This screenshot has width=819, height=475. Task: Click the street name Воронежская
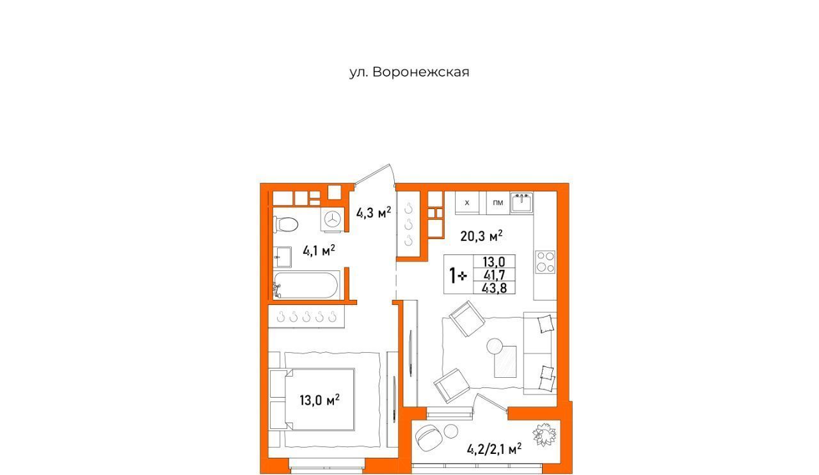[421, 72]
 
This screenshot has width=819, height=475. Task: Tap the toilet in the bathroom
[285, 224]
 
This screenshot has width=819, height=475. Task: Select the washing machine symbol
[333, 219]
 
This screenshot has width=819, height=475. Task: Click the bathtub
[306, 285]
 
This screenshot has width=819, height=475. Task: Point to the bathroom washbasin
[283, 257]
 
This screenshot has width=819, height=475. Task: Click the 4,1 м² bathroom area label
[319, 251]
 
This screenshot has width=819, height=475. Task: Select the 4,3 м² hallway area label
[374, 212]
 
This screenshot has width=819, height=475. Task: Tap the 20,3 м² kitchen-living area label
[481, 236]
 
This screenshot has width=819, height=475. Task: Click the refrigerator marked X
[467, 203]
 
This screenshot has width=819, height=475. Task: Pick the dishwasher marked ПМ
[498, 203]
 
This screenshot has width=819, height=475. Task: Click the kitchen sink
[521, 203]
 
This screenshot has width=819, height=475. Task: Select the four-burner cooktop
[546, 262]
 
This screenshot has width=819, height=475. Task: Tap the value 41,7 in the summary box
[494, 274]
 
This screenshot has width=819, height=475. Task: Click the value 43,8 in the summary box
[494, 288]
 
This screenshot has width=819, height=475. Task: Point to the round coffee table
[495, 346]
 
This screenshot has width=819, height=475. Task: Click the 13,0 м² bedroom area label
[319, 400]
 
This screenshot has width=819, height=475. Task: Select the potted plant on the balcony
[545, 435]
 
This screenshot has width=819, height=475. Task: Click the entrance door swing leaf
[372, 173]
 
